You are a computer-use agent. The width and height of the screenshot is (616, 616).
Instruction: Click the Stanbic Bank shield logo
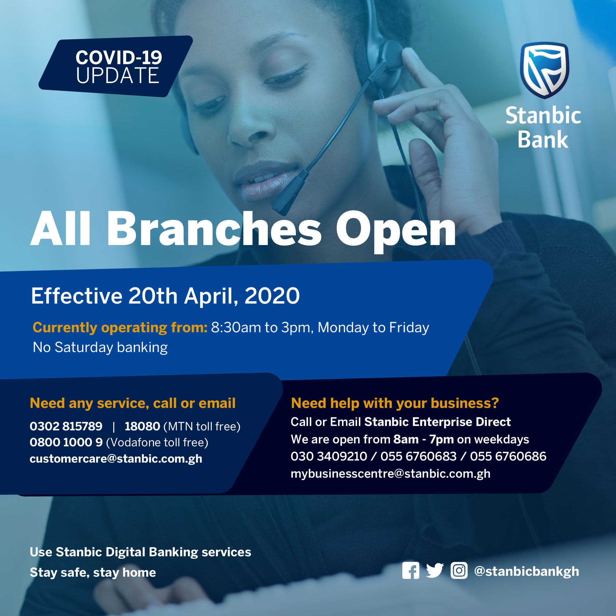click(544, 70)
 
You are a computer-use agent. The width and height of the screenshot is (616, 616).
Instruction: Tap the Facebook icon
click(411, 570)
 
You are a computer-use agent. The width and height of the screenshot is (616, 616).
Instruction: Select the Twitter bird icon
click(435, 570)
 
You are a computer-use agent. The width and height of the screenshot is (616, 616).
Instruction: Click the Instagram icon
click(459, 570)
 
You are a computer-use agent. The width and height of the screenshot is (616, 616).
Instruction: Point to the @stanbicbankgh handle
click(526, 571)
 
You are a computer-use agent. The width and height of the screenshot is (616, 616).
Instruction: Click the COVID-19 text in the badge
click(119, 58)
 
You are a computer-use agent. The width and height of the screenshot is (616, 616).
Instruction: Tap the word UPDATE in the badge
click(117, 76)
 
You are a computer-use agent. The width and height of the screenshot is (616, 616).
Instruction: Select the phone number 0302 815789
click(66, 426)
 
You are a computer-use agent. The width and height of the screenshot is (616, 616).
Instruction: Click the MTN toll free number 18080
click(142, 426)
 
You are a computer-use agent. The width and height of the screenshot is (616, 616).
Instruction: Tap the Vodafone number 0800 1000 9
click(66, 442)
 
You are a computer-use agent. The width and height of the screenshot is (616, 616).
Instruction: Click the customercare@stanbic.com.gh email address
click(116, 459)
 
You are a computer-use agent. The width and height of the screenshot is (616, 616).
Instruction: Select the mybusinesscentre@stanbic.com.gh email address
click(390, 474)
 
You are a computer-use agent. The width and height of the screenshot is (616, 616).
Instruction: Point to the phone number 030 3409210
click(329, 456)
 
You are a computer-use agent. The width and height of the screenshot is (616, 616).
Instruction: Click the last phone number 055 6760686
click(508, 456)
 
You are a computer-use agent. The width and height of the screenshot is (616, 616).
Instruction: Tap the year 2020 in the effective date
click(272, 296)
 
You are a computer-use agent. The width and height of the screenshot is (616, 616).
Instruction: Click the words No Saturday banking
click(100, 347)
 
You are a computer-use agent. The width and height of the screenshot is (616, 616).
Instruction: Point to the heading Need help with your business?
click(395, 403)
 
